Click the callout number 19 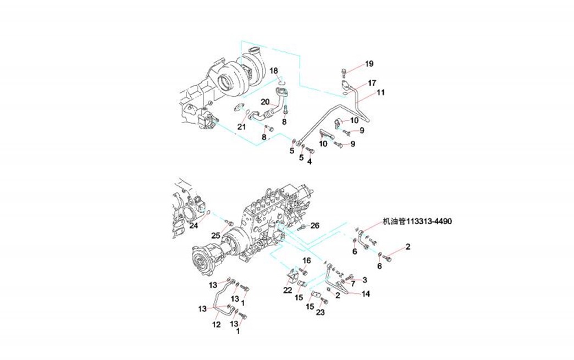(369, 63)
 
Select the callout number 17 (372, 83)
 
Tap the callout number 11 (380, 93)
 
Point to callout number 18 (273, 70)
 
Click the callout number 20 (264, 102)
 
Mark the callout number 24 (194, 225)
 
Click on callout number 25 (216, 236)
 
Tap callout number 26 (314, 225)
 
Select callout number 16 (306, 261)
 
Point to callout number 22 (288, 290)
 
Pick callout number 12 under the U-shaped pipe (216, 325)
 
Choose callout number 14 (366, 293)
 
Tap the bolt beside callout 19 (343, 70)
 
